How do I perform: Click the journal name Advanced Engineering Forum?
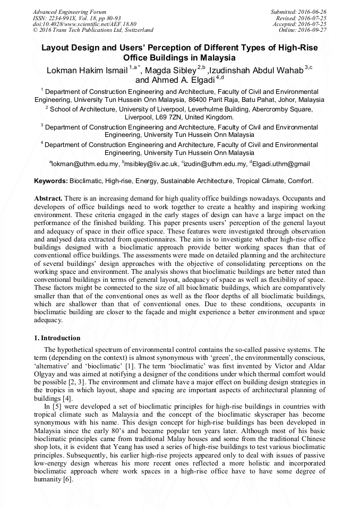[x=70, y=12]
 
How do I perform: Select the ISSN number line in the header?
[x=77, y=18]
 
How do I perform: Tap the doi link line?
[x=84, y=24]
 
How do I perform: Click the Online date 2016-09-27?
[x=305, y=30]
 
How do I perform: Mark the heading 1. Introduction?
[x=57, y=338]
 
